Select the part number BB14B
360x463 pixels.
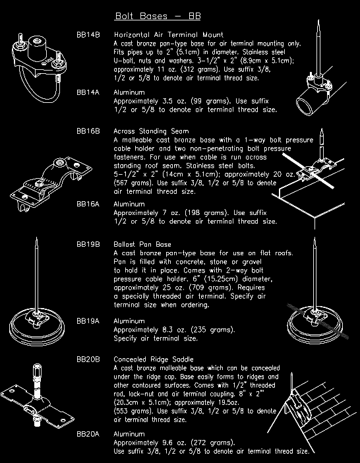[88, 34]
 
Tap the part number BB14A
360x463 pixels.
[88, 92]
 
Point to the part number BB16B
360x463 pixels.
[88, 131]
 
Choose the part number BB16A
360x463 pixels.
[88, 204]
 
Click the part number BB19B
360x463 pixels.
[88, 244]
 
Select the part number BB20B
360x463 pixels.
[88, 359]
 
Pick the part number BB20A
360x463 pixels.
[88, 434]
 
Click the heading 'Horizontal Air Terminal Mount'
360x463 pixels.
[168, 34]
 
